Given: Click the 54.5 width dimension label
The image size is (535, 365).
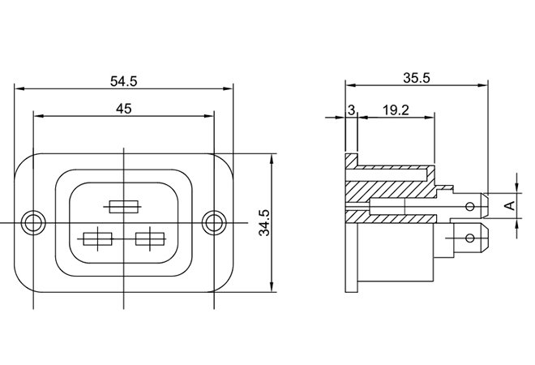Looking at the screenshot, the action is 123,81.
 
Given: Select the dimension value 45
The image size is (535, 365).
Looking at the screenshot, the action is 123,109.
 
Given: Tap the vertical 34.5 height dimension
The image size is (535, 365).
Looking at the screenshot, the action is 264,222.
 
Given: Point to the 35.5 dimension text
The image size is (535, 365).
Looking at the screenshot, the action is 417,78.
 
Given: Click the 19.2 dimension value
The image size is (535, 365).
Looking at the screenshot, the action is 396,110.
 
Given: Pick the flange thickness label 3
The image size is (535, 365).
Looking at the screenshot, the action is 351,110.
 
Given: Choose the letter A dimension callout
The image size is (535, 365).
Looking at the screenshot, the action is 510,205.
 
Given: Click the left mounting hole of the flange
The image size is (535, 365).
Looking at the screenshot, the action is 33,222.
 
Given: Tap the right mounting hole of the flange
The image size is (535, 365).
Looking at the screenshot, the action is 214,222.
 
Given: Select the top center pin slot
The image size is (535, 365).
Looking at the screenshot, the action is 124,207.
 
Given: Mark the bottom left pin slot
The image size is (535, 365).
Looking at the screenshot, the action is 98,239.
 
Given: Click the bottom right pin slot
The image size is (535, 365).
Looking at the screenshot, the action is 150,239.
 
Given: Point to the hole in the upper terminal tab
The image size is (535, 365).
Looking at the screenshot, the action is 470,206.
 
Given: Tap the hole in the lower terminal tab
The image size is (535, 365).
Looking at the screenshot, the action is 470,238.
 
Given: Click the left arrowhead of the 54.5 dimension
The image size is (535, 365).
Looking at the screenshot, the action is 19,88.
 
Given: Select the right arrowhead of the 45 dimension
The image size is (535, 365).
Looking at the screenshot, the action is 209,116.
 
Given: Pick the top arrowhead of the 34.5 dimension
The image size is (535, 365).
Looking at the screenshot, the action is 272,159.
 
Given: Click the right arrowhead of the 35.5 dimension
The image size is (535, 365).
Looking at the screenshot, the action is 483,85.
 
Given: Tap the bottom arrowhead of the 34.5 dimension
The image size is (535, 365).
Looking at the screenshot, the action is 272,287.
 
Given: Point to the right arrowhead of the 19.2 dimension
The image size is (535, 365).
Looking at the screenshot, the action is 430,118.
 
